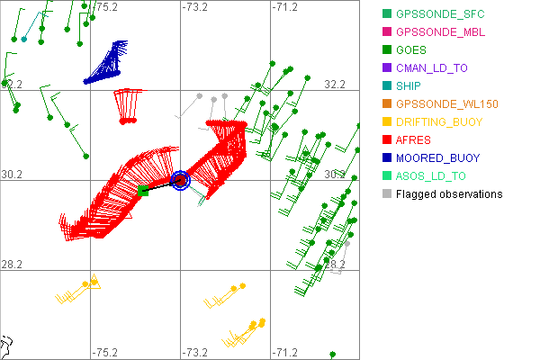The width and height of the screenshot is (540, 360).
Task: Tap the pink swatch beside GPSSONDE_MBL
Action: click(x=387, y=31)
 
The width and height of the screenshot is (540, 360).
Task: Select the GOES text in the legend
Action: click(x=412, y=49)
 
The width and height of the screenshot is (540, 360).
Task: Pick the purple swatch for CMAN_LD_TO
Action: click(x=387, y=67)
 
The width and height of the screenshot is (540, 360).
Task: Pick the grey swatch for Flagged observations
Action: click(x=387, y=193)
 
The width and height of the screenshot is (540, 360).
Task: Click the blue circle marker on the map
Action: click(x=180, y=181)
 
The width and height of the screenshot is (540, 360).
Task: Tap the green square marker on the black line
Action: click(x=143, y=190)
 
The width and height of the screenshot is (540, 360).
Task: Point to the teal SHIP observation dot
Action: click(x=24, y=38)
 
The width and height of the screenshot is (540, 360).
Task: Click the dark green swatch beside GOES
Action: click(x=387, y=49)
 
